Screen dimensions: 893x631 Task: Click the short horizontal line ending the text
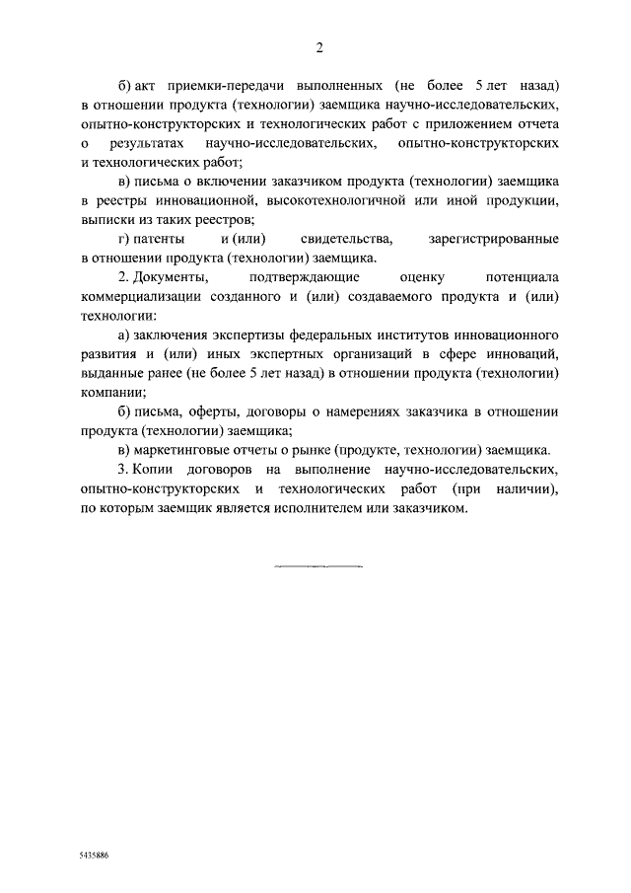point(318,566)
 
